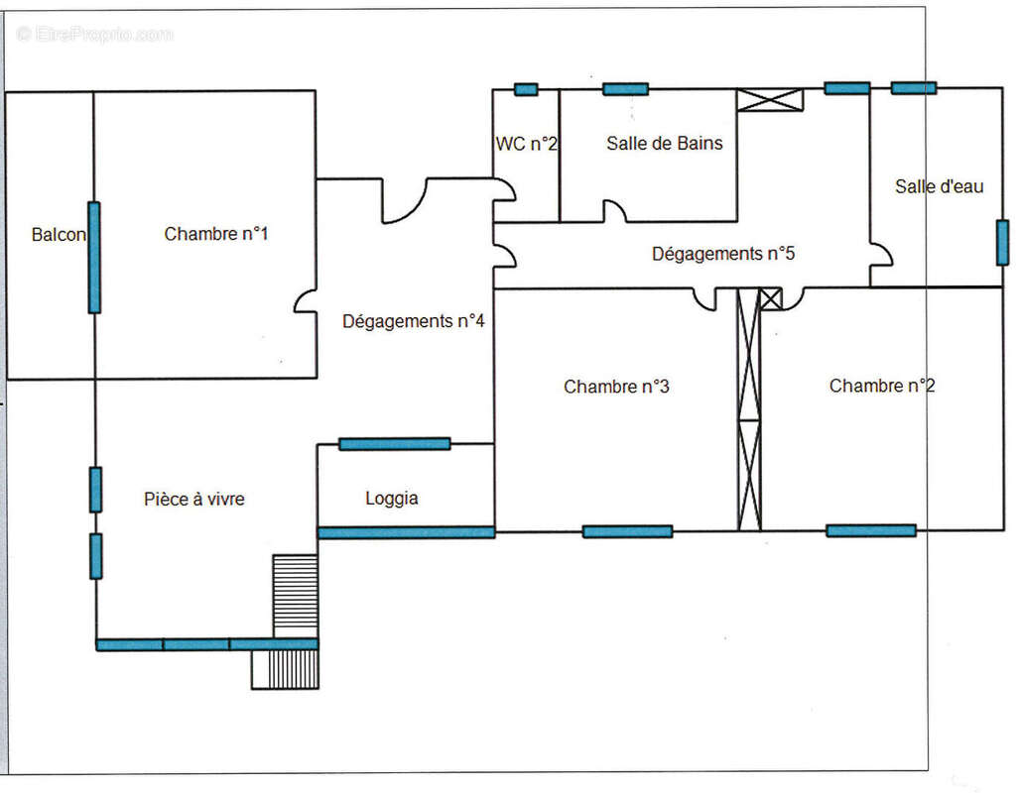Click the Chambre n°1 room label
click(x=216, y=234)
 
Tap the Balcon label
click(x=59, y=235)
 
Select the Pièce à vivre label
click(x=194, y=500)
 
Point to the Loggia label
click(x=392, y=499)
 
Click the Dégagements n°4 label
click(x=414, y=321)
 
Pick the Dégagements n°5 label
click(x=723, y=254)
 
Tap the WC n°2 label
click(x=527, y=144)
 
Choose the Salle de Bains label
click(x=665, y=143)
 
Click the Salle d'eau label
click(x=940, y=186)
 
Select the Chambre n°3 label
click(x=616, y=387)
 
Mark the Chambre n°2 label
click(x=882, y=386)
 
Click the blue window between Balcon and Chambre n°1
click(x=94, y=258)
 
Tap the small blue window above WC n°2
click(x=527, y=90)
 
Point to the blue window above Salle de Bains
click(x=625, y=89)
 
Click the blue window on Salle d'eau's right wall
click(x=1002, y=242)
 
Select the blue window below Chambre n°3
click(x=627, y=531)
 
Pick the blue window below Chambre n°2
click(x=870, y=530)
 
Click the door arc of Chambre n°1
click(x=306, y=300)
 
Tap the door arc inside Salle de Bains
click(x=615, y=211)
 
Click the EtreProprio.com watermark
click(x=95, y=34)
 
